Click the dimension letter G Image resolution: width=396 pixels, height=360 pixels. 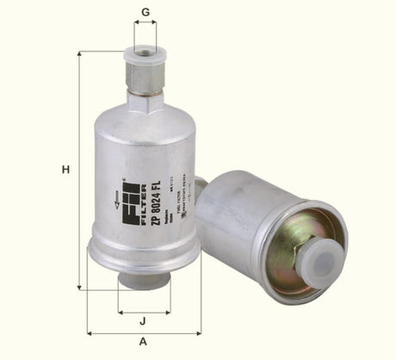pos(145,11)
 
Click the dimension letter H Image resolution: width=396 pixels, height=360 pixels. pos(65,170)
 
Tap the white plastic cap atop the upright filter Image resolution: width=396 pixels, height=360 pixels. pos(144,58)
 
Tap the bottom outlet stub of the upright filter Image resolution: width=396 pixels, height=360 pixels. pos(144,279)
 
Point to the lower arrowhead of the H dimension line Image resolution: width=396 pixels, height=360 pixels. pos(79,287)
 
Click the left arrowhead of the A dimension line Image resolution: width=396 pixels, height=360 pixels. pos(90,332)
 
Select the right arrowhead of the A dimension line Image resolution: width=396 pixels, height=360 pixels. pos(199,332)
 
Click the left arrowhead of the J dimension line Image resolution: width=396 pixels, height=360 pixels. pos(121,310)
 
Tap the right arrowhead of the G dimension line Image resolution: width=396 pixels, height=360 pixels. pos(155,22)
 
